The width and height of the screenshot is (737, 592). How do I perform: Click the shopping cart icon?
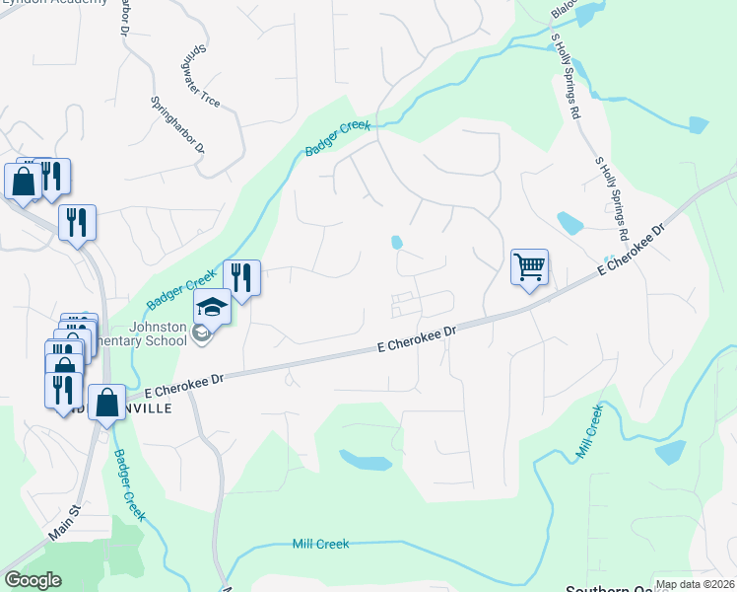tap(529, 265)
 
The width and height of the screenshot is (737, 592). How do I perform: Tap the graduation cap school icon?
tap(212, 307)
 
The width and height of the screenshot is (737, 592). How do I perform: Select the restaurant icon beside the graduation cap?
tap(241, 278)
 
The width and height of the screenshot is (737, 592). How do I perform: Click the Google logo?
tap(33, 580)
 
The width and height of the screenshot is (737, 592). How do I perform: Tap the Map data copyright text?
tap(695, 584)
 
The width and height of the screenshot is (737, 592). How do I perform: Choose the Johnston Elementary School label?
tap(156, 335)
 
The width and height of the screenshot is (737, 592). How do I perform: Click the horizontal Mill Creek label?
tap(320, 544)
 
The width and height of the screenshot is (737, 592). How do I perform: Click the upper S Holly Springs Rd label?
tap(566, 76)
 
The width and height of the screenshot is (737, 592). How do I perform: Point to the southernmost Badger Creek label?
tap(130, 485)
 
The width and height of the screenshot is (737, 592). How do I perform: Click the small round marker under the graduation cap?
tap(201, 333)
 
